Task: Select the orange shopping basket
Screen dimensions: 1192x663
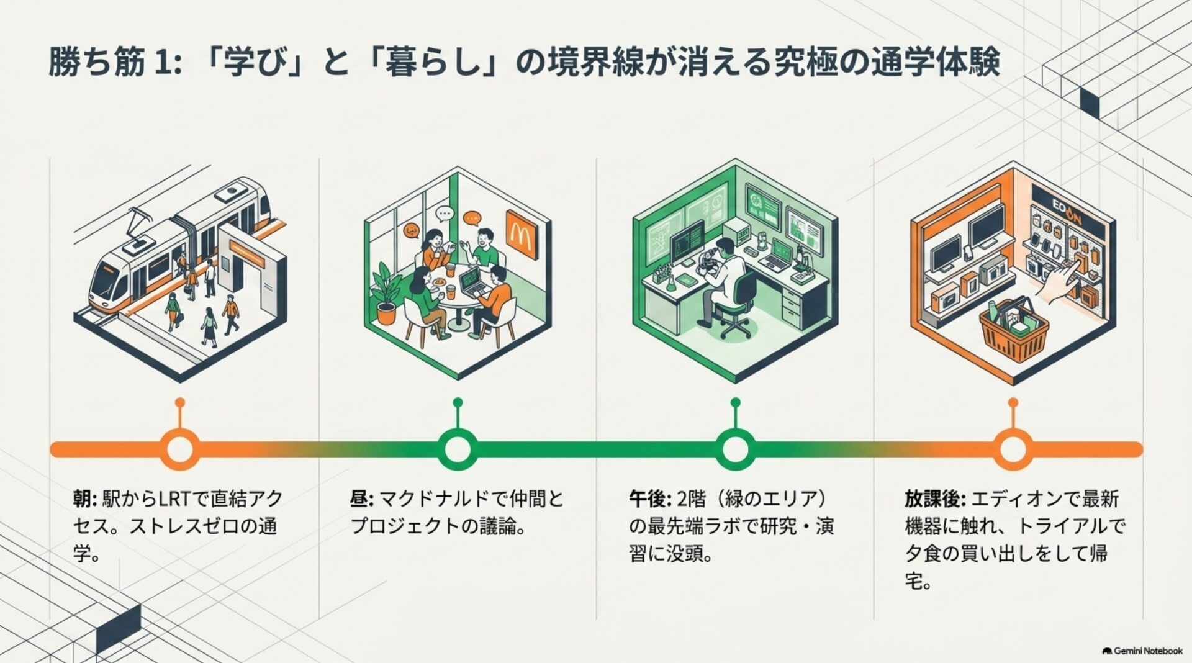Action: coord(1013,330)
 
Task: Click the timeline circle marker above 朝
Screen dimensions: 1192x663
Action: coord(180,449)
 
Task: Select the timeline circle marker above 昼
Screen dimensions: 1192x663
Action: coord(458,449)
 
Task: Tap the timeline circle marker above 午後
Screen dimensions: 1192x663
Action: coord(735,449)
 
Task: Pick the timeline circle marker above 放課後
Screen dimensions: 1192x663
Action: coord(1013,449)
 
